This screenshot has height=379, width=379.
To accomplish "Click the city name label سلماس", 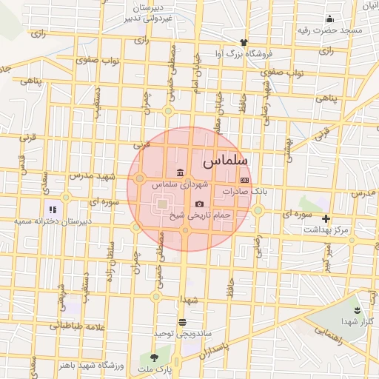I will click(225, 159).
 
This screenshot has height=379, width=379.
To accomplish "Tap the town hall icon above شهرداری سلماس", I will click(181, 172).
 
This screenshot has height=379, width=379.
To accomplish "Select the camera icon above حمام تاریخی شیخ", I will click(199, 204).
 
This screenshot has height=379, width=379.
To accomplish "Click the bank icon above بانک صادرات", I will click(244, 180).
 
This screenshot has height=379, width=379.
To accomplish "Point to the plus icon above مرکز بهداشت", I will click(326, 218).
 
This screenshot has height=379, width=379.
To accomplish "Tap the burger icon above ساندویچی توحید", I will click(182, 322).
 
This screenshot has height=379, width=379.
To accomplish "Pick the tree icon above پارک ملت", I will click(155, 358).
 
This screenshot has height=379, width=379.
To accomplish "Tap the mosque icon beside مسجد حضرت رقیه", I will click(329, 19).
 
